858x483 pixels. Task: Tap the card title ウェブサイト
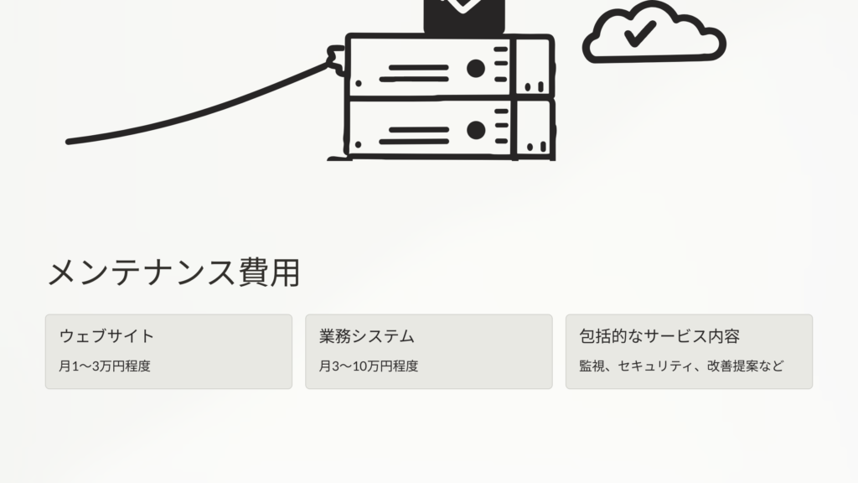tap(106, 336)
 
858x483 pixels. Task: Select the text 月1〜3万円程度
tap(105, 366)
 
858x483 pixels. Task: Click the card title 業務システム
tap(367, 336)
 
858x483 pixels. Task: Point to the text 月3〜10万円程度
tap(369, 366)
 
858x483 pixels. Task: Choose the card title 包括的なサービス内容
tap(659, 336)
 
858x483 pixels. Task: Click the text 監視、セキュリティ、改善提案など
tap(681, 366)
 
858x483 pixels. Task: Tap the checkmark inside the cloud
tap(639, 34)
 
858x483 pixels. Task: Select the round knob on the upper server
tap(476, 67)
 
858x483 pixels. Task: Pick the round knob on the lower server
tap(476, 130)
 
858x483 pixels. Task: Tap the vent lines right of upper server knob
tap(500, 65)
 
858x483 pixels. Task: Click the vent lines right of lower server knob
tap(500, 127)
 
